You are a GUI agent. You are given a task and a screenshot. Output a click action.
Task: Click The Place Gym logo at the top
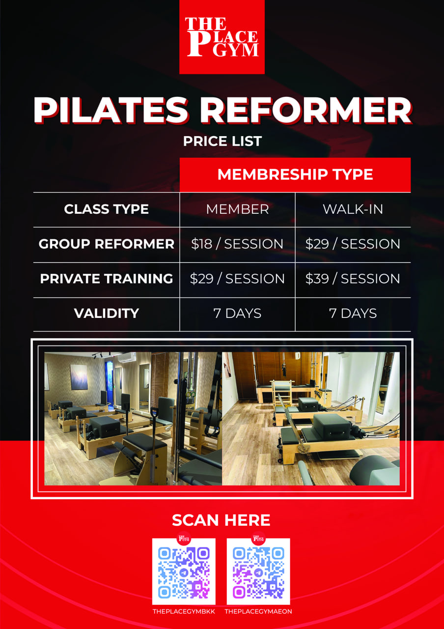222,37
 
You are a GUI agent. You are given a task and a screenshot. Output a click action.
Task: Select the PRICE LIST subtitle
222,141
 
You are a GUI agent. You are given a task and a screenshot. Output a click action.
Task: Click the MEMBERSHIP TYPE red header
295,174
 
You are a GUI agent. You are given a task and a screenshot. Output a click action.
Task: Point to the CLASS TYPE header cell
107,209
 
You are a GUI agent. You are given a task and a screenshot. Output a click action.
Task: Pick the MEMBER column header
237,209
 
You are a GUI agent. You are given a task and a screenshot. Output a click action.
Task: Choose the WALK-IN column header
353,209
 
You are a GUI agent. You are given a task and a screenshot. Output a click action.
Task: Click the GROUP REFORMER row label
107,244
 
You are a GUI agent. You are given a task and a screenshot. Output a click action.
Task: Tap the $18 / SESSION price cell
237,244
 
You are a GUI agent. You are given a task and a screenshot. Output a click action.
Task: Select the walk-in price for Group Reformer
353,244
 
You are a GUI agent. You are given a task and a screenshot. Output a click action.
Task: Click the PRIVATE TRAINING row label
107,279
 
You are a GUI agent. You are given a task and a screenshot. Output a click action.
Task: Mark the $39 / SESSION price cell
353,279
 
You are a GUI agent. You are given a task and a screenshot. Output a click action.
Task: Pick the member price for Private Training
237,279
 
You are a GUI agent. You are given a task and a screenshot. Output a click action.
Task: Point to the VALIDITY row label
107,314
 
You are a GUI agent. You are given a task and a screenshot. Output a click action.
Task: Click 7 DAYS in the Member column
237,314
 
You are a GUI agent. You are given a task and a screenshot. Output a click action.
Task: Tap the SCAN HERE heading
221,520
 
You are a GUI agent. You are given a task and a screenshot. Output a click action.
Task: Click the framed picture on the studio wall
79,377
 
